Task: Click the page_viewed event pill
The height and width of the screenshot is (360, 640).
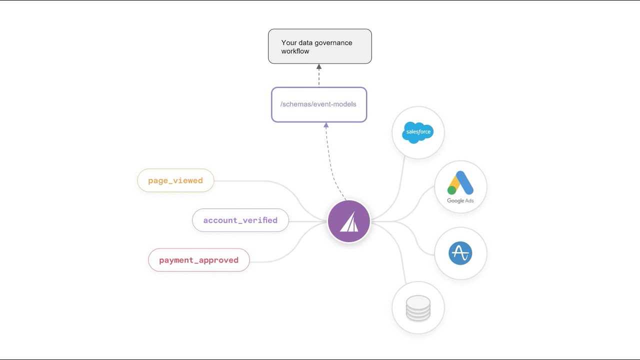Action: pos(175,180)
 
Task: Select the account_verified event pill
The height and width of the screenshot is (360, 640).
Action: pos(240,220)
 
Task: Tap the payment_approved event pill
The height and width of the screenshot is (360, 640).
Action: pos(198,260)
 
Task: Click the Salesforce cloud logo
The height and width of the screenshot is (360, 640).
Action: pos(418,132)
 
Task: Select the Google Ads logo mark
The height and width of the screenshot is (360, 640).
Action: pos(460,183)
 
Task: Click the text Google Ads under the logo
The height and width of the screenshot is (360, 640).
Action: pos(460,200)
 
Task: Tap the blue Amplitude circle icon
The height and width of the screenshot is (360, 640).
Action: pos(460,253)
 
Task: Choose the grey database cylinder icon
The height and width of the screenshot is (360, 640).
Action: pos(418,308)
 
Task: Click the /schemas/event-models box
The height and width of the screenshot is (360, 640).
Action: pos(318,104)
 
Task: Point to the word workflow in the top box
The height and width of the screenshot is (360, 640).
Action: pos(295,51)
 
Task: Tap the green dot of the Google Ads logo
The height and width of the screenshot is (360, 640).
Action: pos(452,190)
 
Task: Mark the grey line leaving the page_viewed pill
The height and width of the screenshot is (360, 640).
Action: pos(260,181)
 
